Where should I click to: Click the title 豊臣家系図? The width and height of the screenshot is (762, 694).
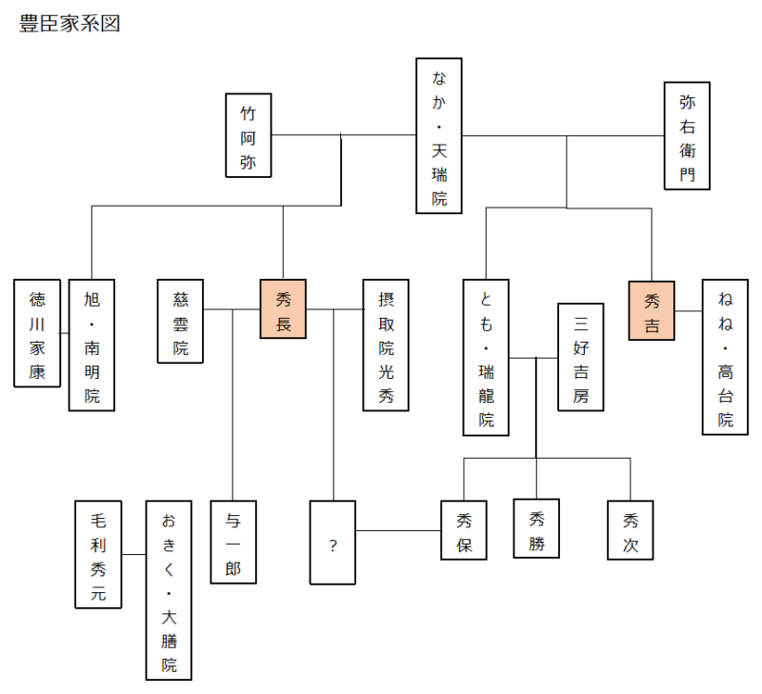(70, 23)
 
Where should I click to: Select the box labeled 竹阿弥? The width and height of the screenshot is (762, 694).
(249, 135)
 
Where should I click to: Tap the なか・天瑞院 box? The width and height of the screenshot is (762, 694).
(439, 136)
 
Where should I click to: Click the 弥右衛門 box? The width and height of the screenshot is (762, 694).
(687, 135)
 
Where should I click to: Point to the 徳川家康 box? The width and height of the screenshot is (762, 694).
(37, 333)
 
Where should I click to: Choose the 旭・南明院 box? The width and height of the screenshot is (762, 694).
(91, 346)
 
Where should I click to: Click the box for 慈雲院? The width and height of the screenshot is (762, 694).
(180, 321)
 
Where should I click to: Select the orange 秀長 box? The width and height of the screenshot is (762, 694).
(283, 308)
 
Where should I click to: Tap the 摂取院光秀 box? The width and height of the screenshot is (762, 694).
(386, 346)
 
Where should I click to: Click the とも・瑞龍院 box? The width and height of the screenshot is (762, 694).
(486, 357)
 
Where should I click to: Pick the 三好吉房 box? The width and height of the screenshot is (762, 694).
(581, 357)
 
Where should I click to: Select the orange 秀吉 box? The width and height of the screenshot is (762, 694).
(652, 310)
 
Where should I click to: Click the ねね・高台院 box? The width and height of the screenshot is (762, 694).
(725, 357)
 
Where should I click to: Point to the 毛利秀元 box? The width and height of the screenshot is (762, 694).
(98, 555)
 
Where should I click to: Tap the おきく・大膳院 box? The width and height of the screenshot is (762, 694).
(169, 590)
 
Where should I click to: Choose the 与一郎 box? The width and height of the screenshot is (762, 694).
(233, 542)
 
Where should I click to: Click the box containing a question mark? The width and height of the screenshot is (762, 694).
(332, 543)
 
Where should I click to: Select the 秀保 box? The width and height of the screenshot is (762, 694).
(464, 530)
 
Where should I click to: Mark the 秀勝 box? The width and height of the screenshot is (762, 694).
(536, 528)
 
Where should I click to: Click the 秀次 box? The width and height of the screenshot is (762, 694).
(631, 530)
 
